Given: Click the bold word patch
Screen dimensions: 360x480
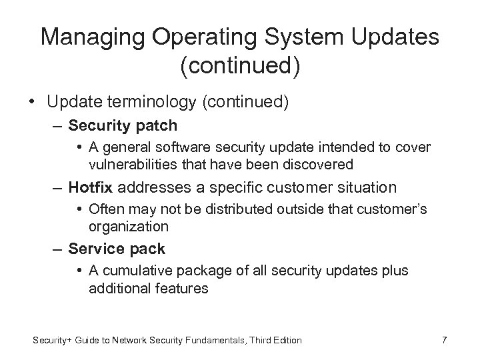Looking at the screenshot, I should [x=155, y=126].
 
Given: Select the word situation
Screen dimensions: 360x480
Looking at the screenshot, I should [x=364, y=187].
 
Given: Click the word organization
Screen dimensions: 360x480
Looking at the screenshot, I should [x=128, y=227].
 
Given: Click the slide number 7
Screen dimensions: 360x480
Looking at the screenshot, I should [x=444, y=341].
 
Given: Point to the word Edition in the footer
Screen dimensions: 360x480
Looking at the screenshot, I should [x=286, y=341].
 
